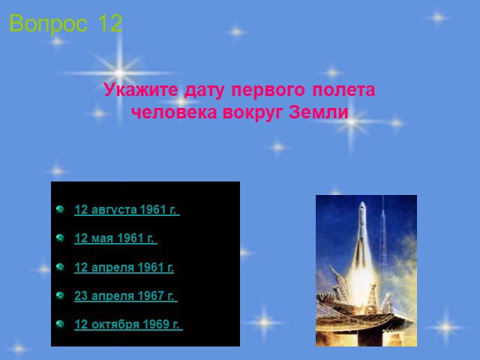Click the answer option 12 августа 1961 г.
(x=127, y=210)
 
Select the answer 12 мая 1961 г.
(x=115, y=238)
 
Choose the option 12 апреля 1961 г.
(x=124, y=267)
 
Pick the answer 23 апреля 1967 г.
(x=126, y=295)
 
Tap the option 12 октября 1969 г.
(x=128, y=324)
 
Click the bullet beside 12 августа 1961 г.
(x=60, y=209)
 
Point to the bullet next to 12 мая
(x=60, y=238)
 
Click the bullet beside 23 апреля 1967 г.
(x=60, y=295)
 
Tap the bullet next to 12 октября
(x=60, y=324)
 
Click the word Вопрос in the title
(x=48, y=24)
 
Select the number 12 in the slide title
(x=110, y=23)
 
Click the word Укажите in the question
(x=141, y=90)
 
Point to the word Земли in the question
(x=319, y=112)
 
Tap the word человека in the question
(x=174, y=112)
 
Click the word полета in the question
(x=343, y=90)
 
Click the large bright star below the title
(x=120, y=73)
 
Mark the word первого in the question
(x=268, y=90)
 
